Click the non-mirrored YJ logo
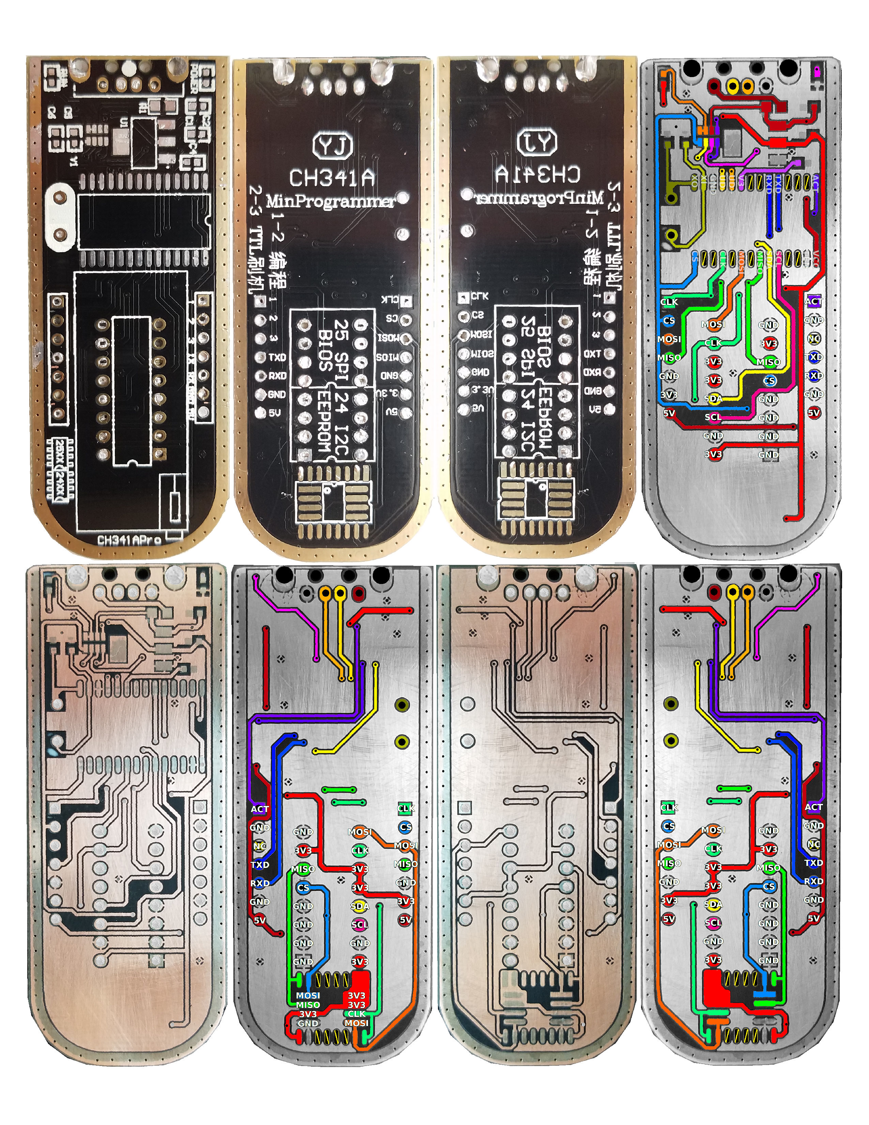[333, 146]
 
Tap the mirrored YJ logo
[537, 143]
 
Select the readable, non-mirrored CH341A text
[332, 178]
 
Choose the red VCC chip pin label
[816, 257]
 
